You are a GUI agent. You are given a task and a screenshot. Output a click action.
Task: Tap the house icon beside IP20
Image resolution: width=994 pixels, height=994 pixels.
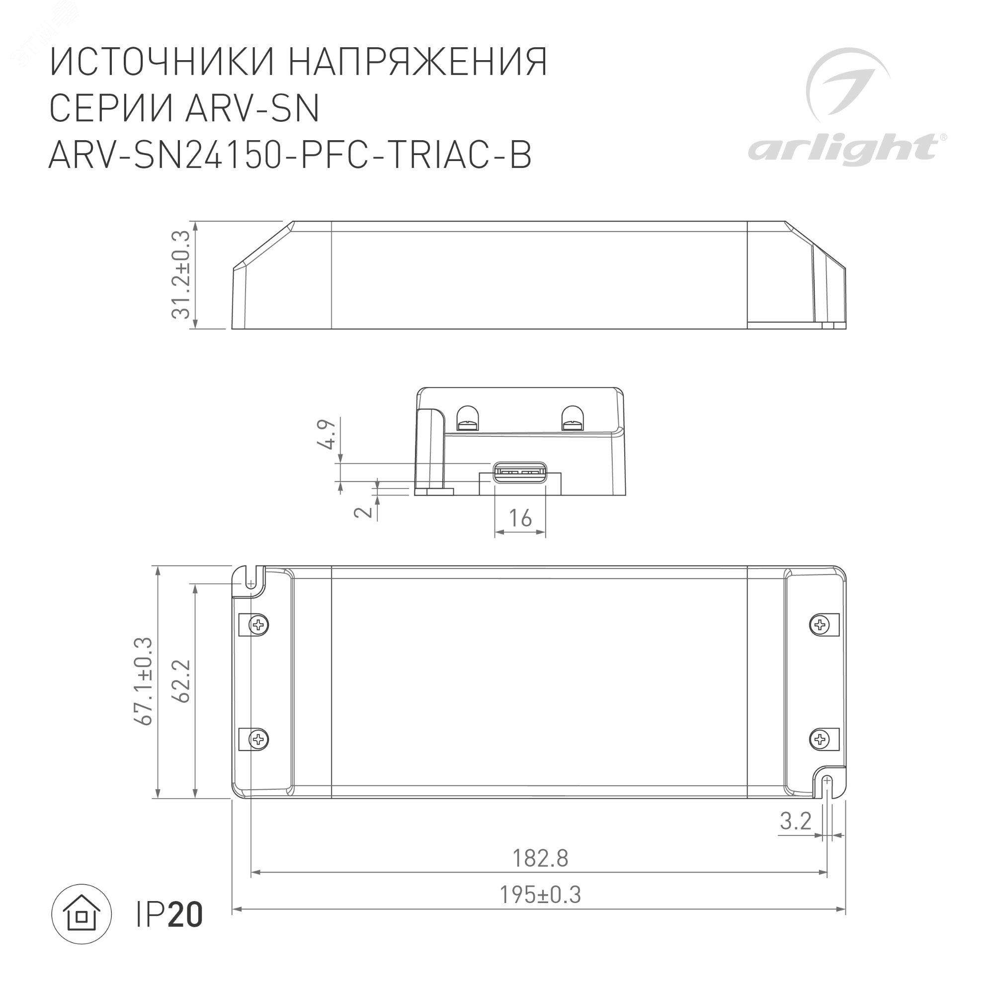point(82,914)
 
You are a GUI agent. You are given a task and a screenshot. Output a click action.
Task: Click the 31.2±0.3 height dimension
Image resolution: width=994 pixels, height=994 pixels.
point(181,275)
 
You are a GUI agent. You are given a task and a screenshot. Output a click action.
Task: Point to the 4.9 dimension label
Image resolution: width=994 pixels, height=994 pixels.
point(327,434)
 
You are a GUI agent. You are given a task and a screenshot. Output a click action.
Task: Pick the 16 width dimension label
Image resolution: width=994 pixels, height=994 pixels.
point(520,518)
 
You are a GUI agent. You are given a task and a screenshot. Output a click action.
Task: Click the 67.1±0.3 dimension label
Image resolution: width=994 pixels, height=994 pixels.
point(144,681)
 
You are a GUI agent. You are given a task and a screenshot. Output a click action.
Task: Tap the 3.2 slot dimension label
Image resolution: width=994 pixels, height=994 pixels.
point(795,821)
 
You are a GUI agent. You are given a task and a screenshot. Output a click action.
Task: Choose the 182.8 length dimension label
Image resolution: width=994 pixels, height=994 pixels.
point(540,858)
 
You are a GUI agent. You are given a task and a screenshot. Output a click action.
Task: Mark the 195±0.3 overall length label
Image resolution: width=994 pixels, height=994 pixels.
point(540,895)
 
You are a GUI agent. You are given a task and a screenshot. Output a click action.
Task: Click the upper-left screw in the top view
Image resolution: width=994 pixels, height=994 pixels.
point(258,625)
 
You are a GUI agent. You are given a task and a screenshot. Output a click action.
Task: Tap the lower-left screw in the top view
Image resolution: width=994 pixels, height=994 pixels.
point(258,740)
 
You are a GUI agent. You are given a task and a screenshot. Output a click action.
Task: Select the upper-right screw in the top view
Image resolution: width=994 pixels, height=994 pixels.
point(819,625)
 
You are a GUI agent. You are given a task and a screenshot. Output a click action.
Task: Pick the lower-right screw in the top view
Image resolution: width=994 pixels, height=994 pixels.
point(819,740)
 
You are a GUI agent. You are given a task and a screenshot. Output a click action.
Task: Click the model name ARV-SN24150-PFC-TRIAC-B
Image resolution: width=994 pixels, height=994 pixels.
point(290,155)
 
